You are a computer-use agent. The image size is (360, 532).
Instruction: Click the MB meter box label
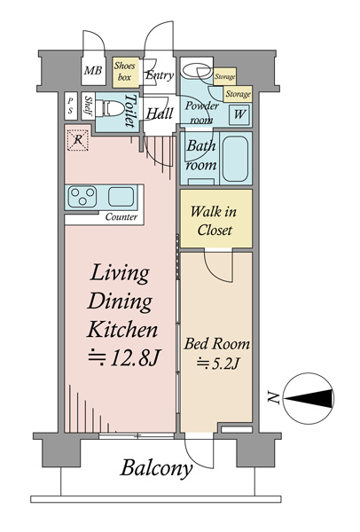click(93, 71)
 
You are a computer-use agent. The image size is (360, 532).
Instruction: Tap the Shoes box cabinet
click(126, 73)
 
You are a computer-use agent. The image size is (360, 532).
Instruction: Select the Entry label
click(160, 75)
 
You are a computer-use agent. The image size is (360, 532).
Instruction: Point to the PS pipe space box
click(71, 106)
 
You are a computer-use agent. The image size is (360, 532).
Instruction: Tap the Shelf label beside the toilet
click(88, 106)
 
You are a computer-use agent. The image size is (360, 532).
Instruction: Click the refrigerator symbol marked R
click(78, 140)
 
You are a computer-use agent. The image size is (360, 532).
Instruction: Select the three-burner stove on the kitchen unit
click(82, 197)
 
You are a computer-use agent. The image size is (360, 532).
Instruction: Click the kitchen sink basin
click(121, 196)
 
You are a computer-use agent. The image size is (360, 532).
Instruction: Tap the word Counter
click(121, 217)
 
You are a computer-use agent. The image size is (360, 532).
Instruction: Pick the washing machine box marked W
click(239, 114)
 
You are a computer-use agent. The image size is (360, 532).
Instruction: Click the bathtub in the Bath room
click(235, 159)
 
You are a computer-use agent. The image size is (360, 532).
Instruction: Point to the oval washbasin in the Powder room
click(197, 71)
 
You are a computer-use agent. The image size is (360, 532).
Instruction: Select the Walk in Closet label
click(214, 221)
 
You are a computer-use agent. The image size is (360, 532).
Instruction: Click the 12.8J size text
click(124, 358)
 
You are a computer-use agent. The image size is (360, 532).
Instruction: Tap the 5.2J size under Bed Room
click(218, 364)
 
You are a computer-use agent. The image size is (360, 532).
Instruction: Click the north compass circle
click(308, 399)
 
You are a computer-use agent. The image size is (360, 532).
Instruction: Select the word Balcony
click(156, 468)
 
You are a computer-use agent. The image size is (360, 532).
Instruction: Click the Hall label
click(160, 113)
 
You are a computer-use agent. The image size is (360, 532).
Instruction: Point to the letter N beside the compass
click(273, 397)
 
